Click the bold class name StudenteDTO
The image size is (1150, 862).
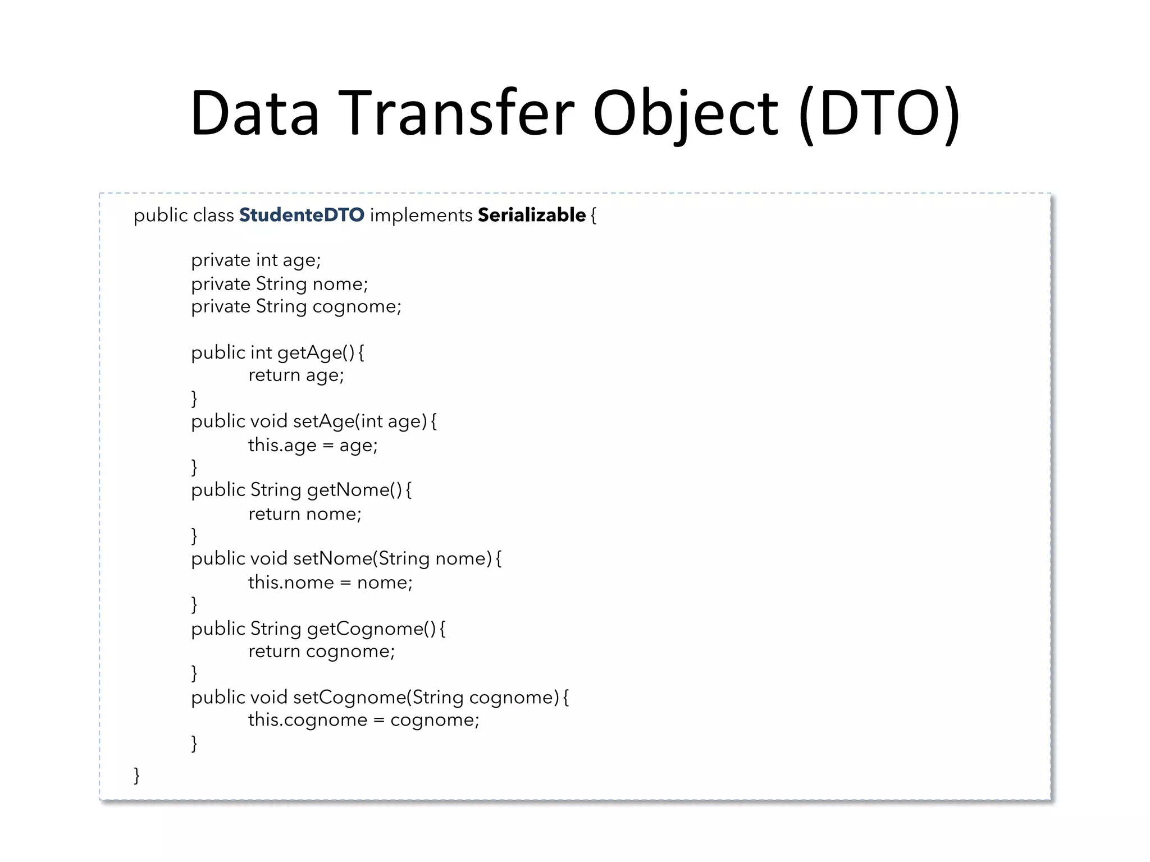point(302,215)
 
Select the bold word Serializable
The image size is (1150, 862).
point(531,215)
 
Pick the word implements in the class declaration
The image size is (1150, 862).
point(421,215)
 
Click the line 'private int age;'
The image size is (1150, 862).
point(256,260)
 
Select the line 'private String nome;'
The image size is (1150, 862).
point(280,284)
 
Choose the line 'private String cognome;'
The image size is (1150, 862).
point(296,306)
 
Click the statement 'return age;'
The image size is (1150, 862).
point(296,375)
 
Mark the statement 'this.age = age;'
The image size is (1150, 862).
point(313,445)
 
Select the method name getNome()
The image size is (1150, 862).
point(354,490)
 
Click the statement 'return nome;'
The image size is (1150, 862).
point(305,513)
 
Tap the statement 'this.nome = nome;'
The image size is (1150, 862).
point(330,583)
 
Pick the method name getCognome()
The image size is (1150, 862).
point(371,629)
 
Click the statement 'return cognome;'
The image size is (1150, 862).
point(322,651)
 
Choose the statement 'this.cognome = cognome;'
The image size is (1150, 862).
point(364,719)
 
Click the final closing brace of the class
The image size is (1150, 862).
point(136,775)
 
